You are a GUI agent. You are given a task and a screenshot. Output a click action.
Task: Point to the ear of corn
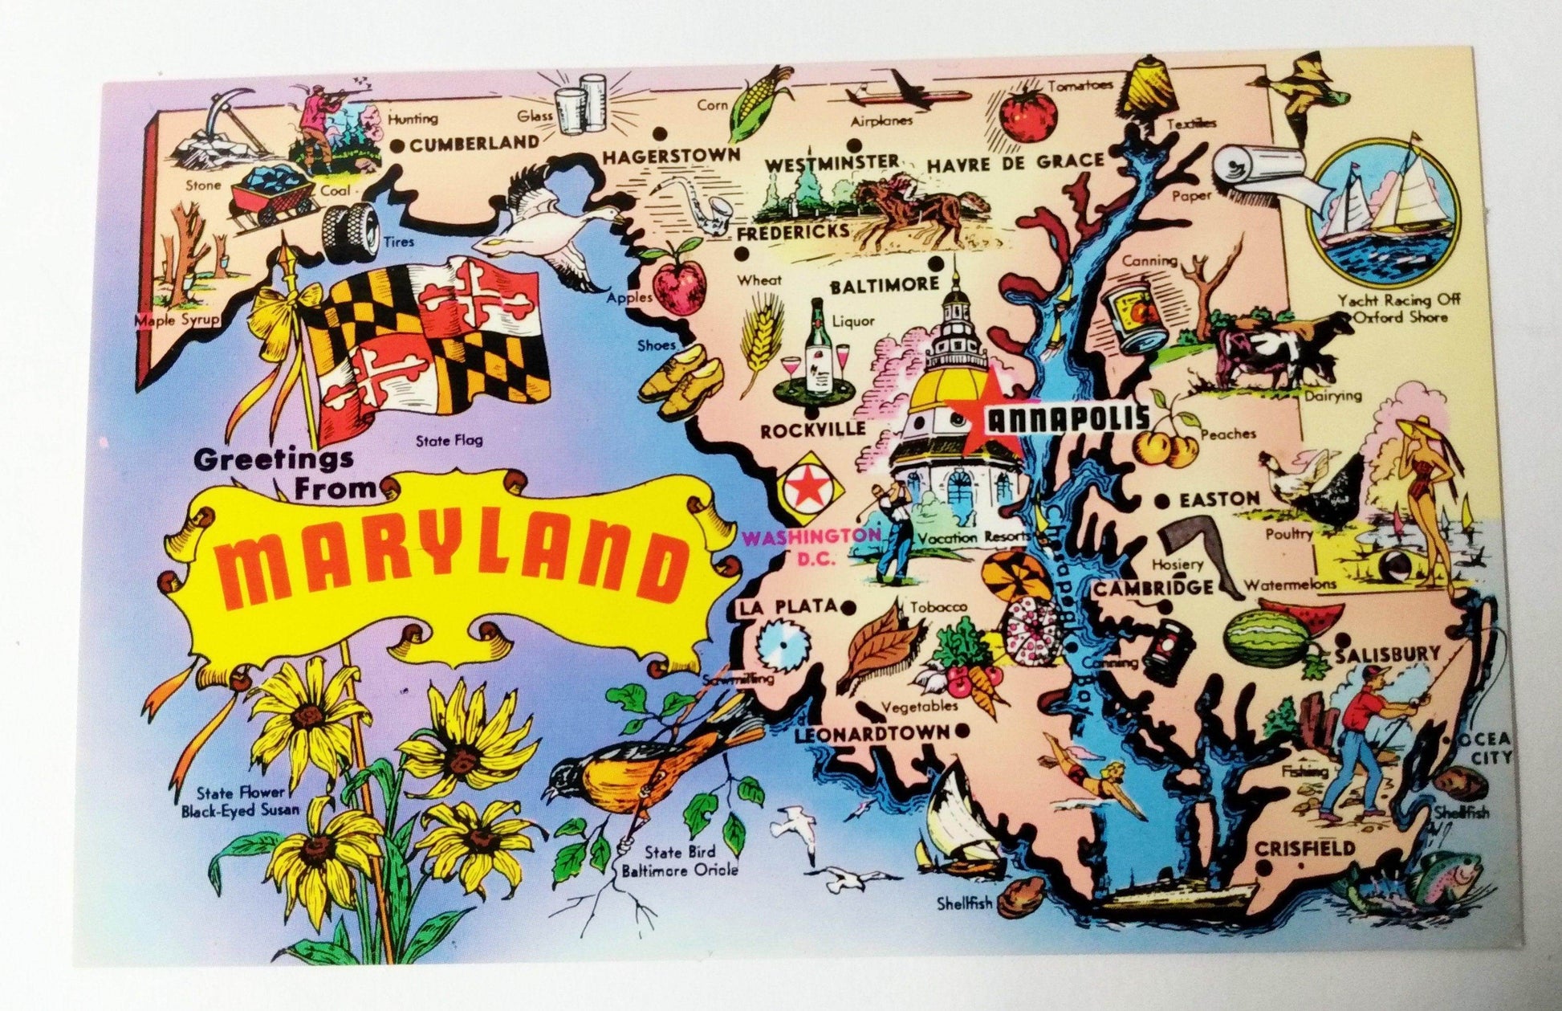point(759,102)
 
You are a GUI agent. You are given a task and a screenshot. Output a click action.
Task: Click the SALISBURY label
point(1388,655)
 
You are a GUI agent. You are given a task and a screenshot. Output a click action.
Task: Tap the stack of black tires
point(351,230)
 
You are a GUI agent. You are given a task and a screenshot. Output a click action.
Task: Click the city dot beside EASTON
point(1161,501)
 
